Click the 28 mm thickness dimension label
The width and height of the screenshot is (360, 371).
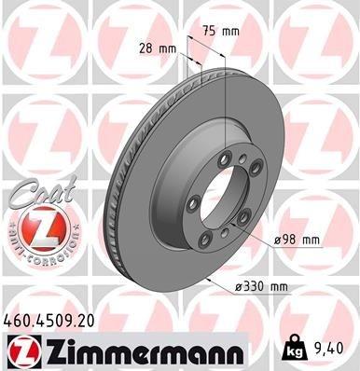tap(157, 48)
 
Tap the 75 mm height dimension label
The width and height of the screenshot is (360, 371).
tap(225, 32)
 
